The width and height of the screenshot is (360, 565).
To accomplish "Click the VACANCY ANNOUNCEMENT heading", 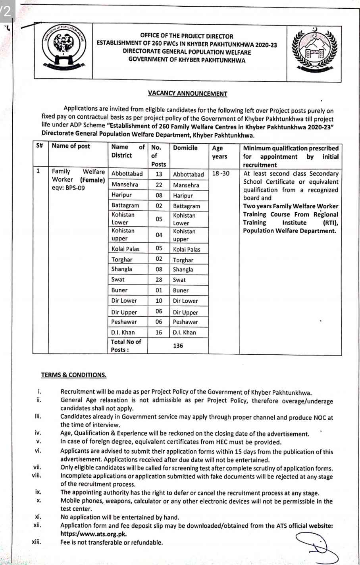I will point(187,94).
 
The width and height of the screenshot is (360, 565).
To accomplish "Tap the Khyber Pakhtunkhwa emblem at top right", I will point(316,51).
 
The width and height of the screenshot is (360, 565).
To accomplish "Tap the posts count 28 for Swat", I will point(159,280).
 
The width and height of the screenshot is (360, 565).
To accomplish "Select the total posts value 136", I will point(178,346).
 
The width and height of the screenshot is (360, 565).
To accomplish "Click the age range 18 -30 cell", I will point(221,174).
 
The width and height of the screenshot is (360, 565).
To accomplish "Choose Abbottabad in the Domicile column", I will point(188,174).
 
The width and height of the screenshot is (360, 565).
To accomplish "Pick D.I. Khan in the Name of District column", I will point(123,332).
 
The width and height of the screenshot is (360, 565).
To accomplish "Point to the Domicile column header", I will point(185,148).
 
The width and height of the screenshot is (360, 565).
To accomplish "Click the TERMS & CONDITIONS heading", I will point(73,375).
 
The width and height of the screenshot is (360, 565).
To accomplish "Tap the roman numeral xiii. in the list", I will point(36,542).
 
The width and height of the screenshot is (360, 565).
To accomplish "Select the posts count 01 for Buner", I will point(159,290).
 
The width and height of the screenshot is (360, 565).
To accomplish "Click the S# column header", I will point(39,146).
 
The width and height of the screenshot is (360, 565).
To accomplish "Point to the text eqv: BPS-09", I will point(68,188).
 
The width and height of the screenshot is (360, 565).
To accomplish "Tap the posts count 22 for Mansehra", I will point(159,185).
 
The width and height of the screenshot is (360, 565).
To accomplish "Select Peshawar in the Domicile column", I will point(185,322).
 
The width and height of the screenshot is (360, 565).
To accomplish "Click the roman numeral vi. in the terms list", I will point(38,451).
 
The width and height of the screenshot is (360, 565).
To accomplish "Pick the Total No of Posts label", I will point(126,346).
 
